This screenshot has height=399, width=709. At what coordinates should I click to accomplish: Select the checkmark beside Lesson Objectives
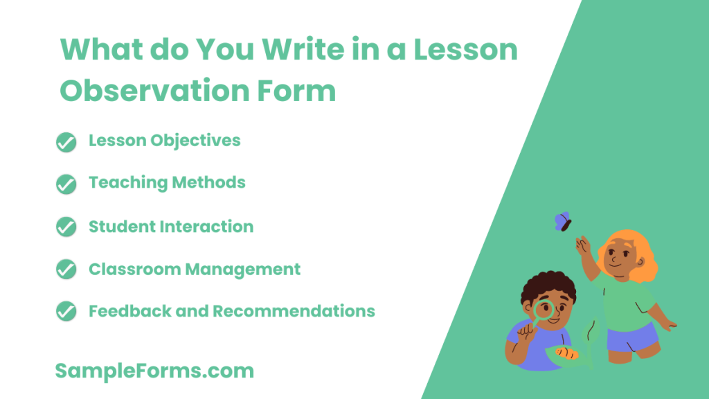tap(66, 142)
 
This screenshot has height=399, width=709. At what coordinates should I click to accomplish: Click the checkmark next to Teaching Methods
tap(66, 184)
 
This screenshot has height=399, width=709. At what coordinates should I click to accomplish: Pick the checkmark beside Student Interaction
tap(66, 227)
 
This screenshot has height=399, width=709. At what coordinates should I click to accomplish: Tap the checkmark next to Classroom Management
tap(66, 269)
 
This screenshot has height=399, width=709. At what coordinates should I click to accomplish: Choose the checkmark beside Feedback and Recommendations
tap(66, 312)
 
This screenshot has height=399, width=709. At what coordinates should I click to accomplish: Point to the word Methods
tap(210, 183)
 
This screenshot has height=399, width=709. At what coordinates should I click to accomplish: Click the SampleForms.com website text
tap(154, 371)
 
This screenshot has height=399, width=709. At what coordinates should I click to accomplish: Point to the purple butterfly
tap(562, 222)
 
